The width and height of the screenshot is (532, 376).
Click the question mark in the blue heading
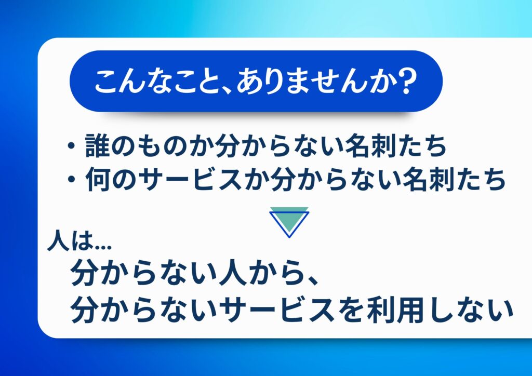pos(406,81)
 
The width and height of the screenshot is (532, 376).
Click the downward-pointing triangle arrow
pos(289,222)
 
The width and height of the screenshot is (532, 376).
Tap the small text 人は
pos(70,241)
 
